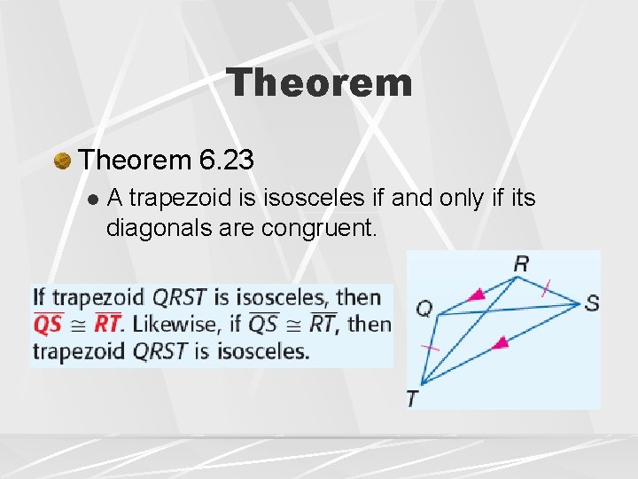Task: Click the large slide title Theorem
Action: click(x=319, y=83)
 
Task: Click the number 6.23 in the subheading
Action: click(x=227, y=160)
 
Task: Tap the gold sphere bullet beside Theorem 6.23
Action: click(x=62, y=160)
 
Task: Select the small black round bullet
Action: click(x=92, y=199)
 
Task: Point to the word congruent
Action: click(x=319, y=229)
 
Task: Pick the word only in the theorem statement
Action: click(x=463, y=198)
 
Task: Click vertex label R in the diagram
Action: click(x=521, y=263)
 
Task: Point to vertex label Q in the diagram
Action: click(x=424, y=310)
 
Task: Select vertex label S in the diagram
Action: click(x=591, y=303)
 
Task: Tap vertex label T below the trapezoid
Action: click(x=413, y=399)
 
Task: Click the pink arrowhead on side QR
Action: click(x=477, y=294)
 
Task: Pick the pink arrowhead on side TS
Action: click(x=501, y=342)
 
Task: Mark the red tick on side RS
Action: click(x=547, y=287)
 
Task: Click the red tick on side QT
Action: click(x=430, y=348)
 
